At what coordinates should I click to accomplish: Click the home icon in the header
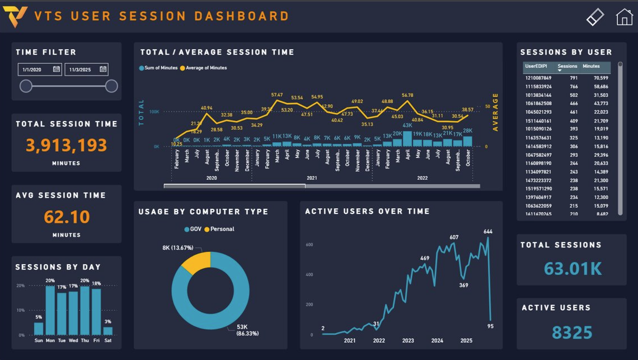pos(624,17)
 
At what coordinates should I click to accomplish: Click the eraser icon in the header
pos(595,17)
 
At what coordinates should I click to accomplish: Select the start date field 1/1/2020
pos(35,69)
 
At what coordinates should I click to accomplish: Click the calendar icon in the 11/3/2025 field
pos(103,69)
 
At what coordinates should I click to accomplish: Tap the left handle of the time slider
pos(26,86)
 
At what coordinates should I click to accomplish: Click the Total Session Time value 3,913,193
pos(67,146)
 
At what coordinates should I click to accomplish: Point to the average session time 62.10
pos(67,217)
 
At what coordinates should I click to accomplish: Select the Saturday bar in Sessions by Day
pos(108,331)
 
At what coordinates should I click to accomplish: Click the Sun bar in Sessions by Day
pos(39,329)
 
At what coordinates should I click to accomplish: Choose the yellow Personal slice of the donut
pos(196,261)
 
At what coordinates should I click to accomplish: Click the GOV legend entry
pos(193,229)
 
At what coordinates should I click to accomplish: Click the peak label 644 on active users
pos(487,231)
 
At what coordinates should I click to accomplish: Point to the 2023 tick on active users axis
pos(408,340)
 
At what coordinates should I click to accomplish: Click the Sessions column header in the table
pos(567,66)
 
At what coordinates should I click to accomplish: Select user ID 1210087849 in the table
pos(538,78)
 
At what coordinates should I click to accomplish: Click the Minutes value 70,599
pos(601,78)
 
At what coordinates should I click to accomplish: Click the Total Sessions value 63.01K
pos(573,269)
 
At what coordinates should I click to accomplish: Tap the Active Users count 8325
pos(571,333)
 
